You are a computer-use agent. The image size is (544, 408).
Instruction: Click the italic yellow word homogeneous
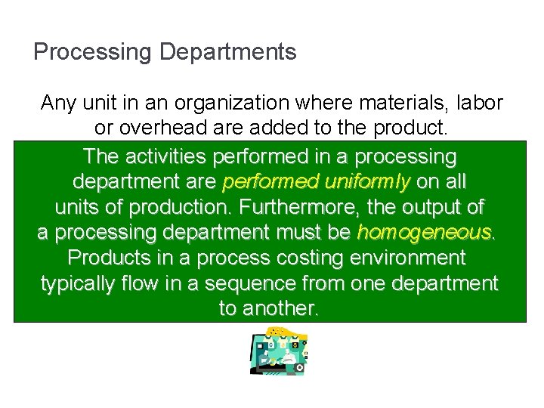424,232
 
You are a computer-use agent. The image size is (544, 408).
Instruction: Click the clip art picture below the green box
278,351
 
